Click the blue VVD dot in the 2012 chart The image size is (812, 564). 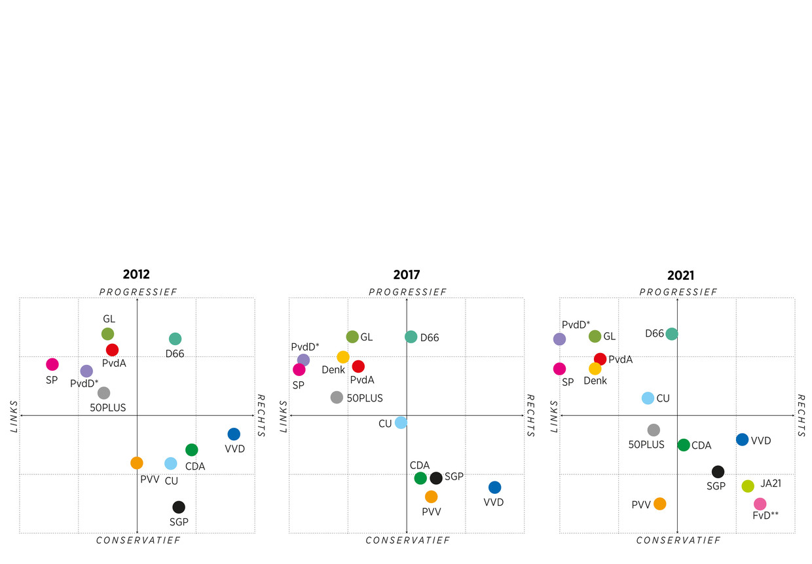pyautogui.click(x=234, y=434)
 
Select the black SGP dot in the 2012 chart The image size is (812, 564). pyautogui.click(x=179, y=507)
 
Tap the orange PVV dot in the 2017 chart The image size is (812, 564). pyautogui.click(x=431, y=497)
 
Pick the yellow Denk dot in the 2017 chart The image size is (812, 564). pyautogui.click(x=343, y=357)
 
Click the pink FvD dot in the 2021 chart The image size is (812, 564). pyautogui.click(x=760, y=504)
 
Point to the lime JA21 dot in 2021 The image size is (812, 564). pyautogui.click(x=748, y=486)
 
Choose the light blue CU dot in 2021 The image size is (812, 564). pyautogui.click(x=648, y=398)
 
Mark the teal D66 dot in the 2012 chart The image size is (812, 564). pyautogui.click(x=175, y=339)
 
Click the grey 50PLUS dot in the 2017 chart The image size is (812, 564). pyautogui.click(x=337, y=397)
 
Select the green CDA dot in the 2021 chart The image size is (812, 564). pyautogui.click(x=684, y=445)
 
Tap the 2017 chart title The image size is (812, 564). pyautogui.click(x=407, y=275)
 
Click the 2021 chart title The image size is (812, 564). pyautogui.click(x=680, y=276)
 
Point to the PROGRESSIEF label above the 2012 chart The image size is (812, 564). pyautogui.click(x=138, y=291)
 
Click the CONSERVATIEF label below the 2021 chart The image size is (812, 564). pyautogui.click(x=678, y=540)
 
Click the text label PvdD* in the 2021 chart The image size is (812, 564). pyautogui.click(x=576, y=324)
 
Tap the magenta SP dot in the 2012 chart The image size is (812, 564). pyautogui.click(x=52, y=364)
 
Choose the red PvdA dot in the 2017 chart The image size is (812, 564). pyautogui.click(x=358, y=366)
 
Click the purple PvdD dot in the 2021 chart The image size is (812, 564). pyautogui.click(x=559, y=339)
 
